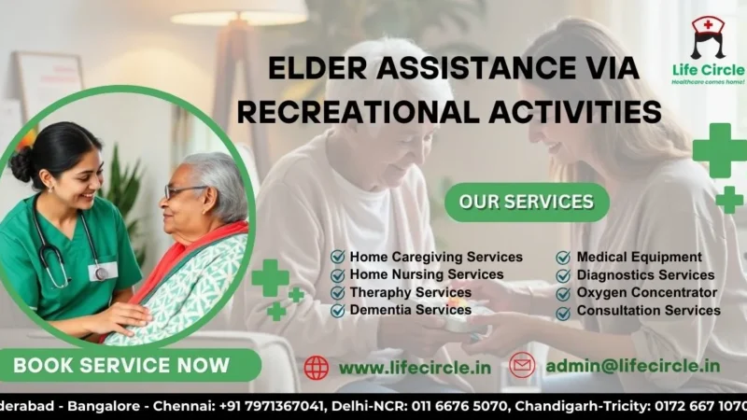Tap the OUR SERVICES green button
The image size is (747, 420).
point(526,202)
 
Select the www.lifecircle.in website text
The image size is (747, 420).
point(415,367)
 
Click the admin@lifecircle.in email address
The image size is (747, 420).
point(632,366)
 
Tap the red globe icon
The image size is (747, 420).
point(317,367)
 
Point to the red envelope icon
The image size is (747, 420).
point(522,366)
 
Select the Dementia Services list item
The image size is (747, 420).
point(410,310)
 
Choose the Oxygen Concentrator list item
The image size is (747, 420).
point(647,292)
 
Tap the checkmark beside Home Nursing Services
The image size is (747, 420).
point(338,274)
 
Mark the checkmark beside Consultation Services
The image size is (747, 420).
point(564,311)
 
